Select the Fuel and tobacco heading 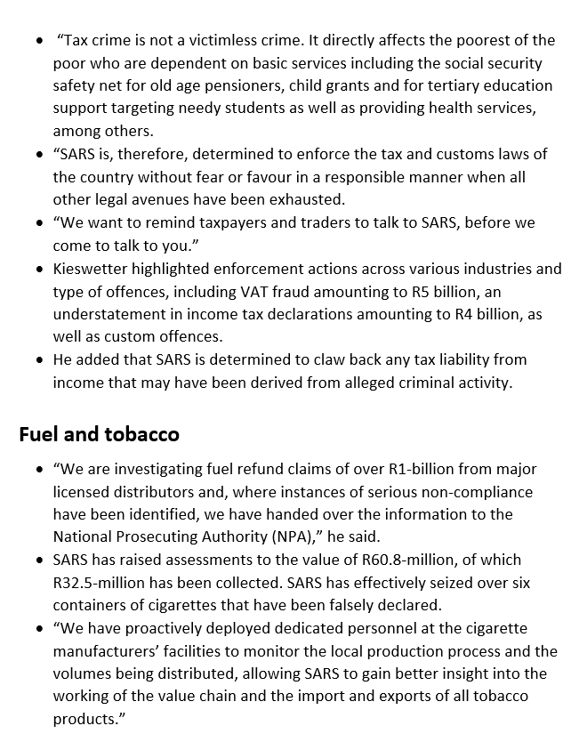99,434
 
